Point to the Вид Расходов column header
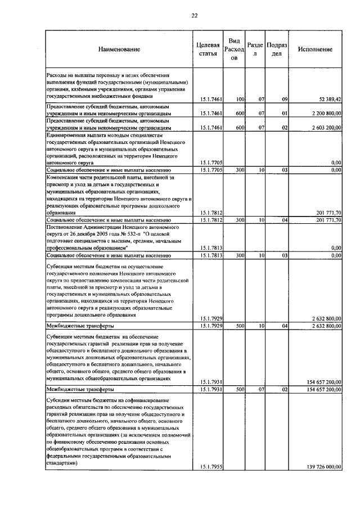coord(235,50)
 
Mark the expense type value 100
coord(240,100)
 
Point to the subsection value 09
coord(285,100)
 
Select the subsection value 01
coord(285,114)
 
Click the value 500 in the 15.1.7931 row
coord(240,389)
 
